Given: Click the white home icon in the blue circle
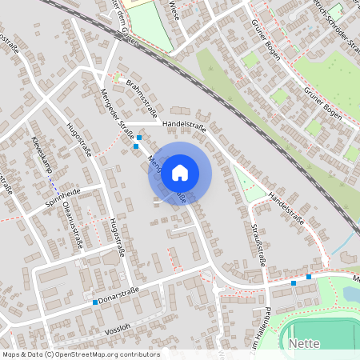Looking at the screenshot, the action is tap(180, 172).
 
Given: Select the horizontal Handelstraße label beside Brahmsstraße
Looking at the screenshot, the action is tap(183, 126).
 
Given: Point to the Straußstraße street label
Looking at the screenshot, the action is tap(262, 245).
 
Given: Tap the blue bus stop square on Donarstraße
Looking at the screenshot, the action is tap(95, 302).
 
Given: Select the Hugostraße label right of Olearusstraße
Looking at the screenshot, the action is tap(119, 240).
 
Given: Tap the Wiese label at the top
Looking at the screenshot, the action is tap(174, 10).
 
